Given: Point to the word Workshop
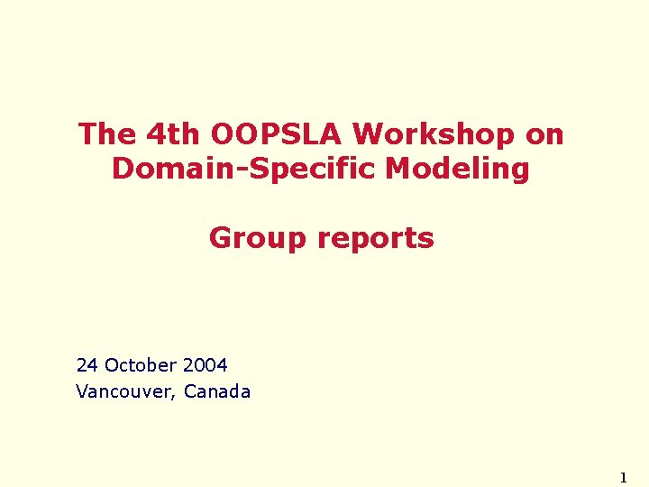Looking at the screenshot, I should point(428,134).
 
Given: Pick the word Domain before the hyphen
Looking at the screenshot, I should point(169,169).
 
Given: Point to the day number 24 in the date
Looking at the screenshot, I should point(87,365).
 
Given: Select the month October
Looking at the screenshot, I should point(141,365).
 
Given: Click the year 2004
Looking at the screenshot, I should point(205,365).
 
